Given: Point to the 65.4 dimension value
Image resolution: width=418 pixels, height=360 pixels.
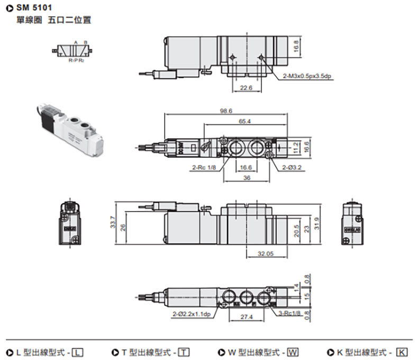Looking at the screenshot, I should coord(244,121).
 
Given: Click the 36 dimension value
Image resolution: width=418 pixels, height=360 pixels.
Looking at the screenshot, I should coord(246,178).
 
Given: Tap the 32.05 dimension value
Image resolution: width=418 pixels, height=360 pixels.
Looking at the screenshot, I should coord(266,254).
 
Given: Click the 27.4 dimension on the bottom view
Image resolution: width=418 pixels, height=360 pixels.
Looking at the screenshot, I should coord(246,317).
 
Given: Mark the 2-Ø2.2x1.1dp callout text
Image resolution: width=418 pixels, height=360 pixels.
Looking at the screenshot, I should coord(192,314).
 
